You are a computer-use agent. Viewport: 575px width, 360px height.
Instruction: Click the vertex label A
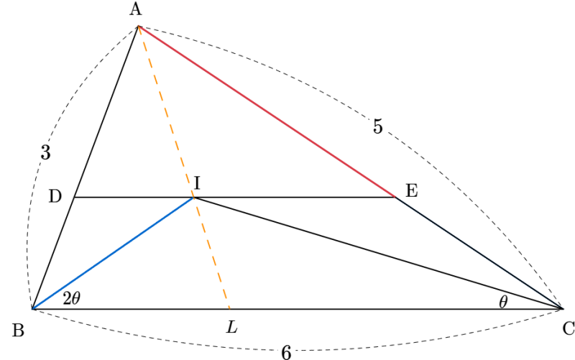pyautogui.click(x=136, y=9)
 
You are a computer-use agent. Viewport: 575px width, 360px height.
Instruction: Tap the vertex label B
pyautogui.click(x=18, y=331)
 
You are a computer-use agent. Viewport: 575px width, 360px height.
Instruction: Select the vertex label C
pyautogui.click(x=568, y=329)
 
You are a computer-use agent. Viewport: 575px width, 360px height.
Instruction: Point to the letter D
pyautogui.click(x=55, y=197)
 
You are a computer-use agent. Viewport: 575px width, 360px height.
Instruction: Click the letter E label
pyautogui.click(x=411, y=191)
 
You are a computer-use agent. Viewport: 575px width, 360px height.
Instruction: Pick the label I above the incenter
pyautogui.click(x=197, y=183)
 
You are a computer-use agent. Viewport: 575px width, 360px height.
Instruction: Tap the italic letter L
pyautogui.click(x=231, y=327)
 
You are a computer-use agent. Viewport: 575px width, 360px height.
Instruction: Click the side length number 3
pyautogui.click(x=45, y=152)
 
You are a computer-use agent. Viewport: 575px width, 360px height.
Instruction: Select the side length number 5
pyautogui.click(x=378, y=127)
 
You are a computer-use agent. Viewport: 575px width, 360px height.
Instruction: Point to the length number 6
pyautogui.click(x=286, y=353)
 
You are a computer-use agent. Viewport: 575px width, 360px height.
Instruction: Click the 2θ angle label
pyautogui.click(x=71, y=299)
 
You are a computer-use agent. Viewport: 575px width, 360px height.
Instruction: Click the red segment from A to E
pyautogui.click(x=267, y=111)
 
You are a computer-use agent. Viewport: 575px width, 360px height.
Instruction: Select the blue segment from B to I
pyautogui.click(x=113, y=254)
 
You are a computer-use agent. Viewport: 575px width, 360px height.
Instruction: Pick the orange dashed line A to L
pyautogui.click(x=184, y=167)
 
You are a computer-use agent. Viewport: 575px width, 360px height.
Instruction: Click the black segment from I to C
pyautogui.click(x=378, y=254)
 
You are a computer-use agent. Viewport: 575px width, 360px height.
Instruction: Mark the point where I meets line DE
pyautogui.click(x=193, y=198)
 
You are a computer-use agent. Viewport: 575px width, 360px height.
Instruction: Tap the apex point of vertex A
pyautogui.click(x=138, y=26)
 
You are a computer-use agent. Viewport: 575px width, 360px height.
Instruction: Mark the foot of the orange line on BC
pyautogui.click(x=229, y=309)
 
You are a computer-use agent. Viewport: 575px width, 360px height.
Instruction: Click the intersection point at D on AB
pyautogui.click(x=75, y=197)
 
